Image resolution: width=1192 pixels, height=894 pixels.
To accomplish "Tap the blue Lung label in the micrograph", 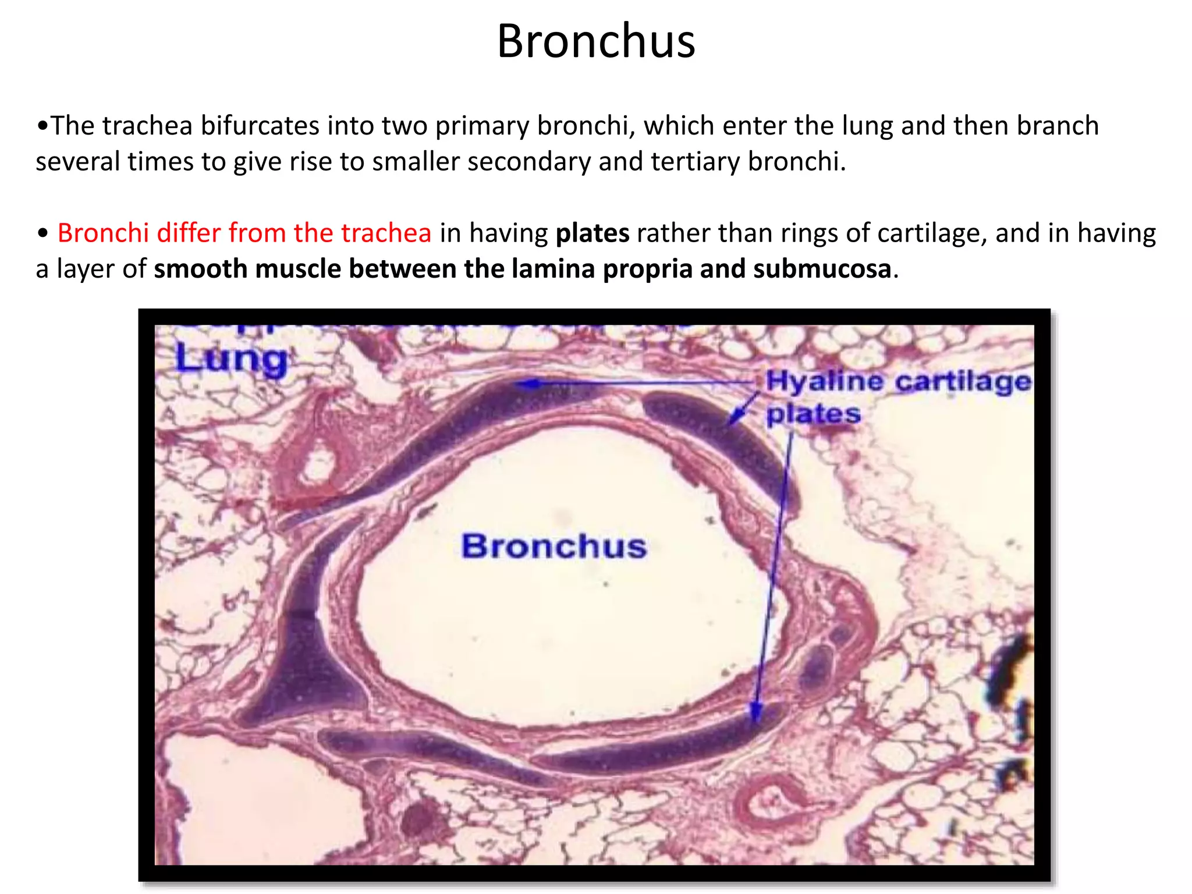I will pos(231,358).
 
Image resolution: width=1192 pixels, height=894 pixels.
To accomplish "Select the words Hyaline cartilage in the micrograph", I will pos(898,382).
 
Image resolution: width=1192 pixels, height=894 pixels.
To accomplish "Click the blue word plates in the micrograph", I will pos(813,414).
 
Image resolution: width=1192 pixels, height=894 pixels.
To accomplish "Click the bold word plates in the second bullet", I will pos(592,233).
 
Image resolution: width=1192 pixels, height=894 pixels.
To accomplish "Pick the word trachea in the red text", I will pos(386,233).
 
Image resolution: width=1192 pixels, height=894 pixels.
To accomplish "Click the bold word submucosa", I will pos(822,269).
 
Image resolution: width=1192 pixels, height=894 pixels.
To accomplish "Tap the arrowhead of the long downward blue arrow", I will pos(755,711).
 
